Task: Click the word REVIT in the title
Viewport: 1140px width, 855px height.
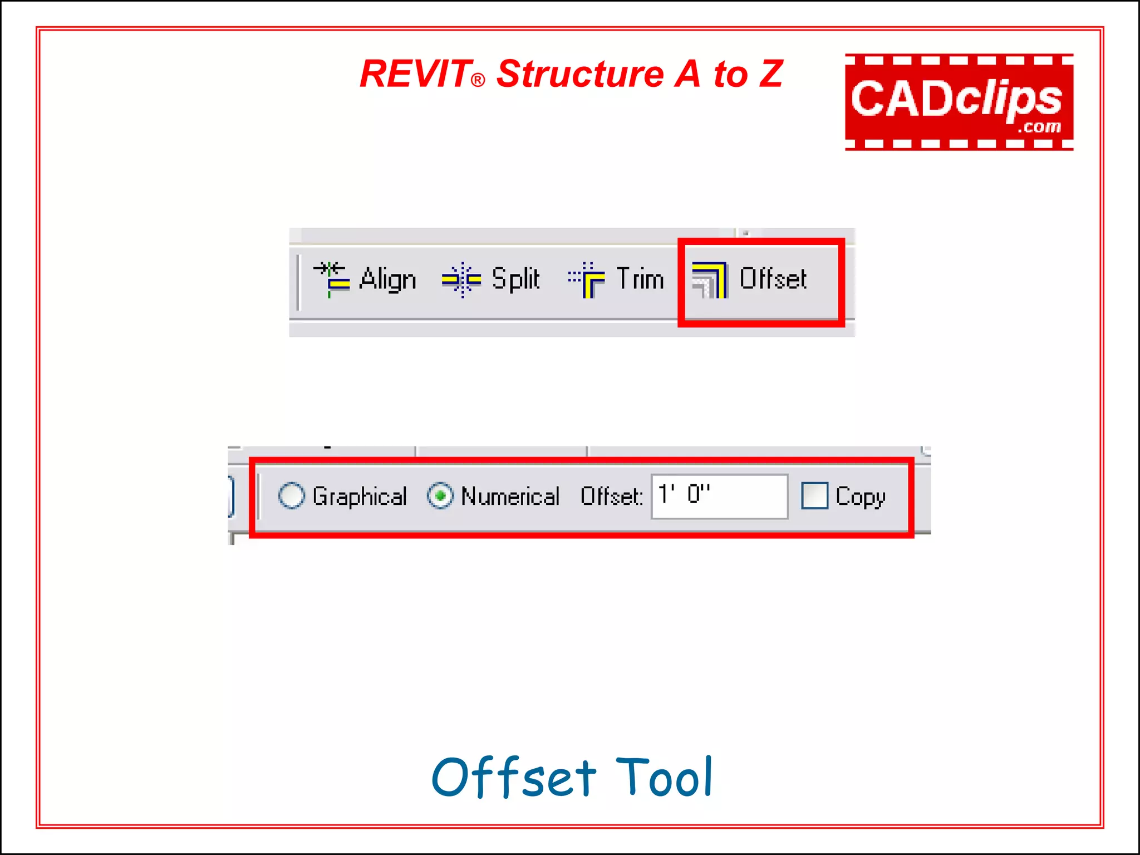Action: [x=415, y=74]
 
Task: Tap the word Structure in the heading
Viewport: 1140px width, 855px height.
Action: [x=580, y=74]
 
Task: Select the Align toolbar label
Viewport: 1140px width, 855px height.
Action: [x=388, y=279]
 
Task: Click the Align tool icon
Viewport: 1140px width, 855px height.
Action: [x=332, y=279]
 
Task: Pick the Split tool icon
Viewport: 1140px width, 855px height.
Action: [x=461, y=279]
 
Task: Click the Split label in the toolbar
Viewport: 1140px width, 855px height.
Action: [x=515, y=279]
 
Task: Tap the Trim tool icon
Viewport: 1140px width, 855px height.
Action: [x=587, y=279]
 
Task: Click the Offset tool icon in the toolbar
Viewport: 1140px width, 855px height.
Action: [x=709, y=279]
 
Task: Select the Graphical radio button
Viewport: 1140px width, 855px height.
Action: [x=291, y=495]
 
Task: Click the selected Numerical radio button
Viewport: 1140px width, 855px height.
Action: [x=440, y=495]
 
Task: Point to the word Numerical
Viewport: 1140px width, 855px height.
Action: [x=510, y=496]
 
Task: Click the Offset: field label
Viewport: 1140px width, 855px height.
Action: [x=611, y=496]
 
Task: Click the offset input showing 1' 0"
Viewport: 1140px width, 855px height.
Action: [x=719, y=496]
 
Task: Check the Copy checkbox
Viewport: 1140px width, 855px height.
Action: [x=814, y=495]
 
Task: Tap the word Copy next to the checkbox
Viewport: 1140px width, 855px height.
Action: [x=861, y=497]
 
